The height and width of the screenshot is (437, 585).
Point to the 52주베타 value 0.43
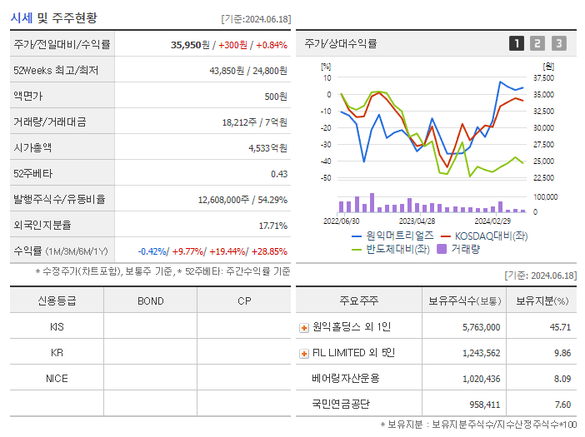pos(278,174)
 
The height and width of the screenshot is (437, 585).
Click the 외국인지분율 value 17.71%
pos(272,226)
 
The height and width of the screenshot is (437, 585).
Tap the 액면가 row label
pos(27,97)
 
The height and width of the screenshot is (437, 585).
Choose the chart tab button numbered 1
pos(517,43)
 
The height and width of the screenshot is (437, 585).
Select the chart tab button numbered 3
pos(558,43)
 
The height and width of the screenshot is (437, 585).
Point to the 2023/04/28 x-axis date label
pos(417,221)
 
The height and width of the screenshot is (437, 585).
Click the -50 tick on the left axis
pos(326,178)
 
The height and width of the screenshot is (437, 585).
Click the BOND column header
pos(150,300)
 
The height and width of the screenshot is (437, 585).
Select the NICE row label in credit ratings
pos(57,379)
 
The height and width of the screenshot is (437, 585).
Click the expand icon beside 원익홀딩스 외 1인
pos(304,327)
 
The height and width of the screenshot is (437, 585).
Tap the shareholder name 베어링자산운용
pos(345,379)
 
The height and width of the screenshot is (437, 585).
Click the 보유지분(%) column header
pos(542,300)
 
